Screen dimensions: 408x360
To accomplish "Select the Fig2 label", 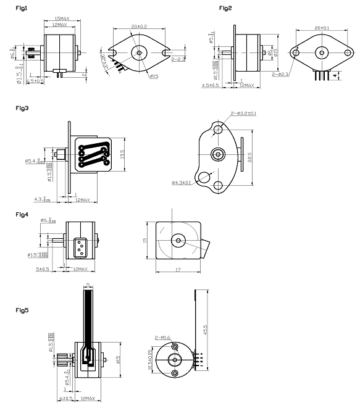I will point(225,8).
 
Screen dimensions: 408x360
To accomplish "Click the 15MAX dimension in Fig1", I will point(61,19).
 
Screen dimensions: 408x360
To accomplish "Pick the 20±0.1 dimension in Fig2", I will point(322,28).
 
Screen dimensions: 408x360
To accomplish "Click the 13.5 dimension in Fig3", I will point(123,152).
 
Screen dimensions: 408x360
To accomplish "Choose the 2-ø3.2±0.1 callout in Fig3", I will point(244,114).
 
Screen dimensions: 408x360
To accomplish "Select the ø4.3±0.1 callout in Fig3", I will point(183,183).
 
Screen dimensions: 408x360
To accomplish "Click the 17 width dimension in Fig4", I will point(177,269).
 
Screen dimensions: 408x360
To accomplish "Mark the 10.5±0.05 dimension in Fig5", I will point(151,360).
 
